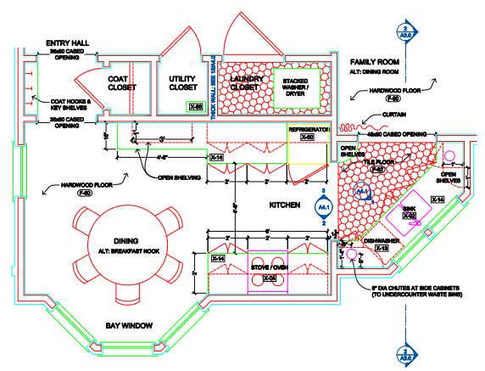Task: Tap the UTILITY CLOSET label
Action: point(182,82)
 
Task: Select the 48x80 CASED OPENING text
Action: point(396,134)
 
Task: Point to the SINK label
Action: point(409,208)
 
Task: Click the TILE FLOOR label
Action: point(376,161)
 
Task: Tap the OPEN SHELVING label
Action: point(178,177)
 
